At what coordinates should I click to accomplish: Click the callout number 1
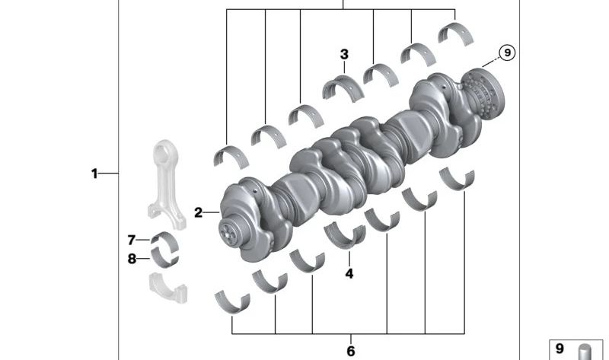[94, 174]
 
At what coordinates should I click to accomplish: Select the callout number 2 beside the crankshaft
[199, 213]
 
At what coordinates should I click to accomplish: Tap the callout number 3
[344, 54]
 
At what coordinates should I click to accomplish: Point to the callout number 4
[349, 274]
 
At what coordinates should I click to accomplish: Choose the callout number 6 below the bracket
[351, 351]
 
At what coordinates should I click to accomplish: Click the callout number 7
[132, 241]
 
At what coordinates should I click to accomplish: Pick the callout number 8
[132, 259]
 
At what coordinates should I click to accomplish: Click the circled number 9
[507, 52]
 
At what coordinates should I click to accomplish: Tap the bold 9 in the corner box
[560, 348]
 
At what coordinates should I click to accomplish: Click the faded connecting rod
[166, 184]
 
